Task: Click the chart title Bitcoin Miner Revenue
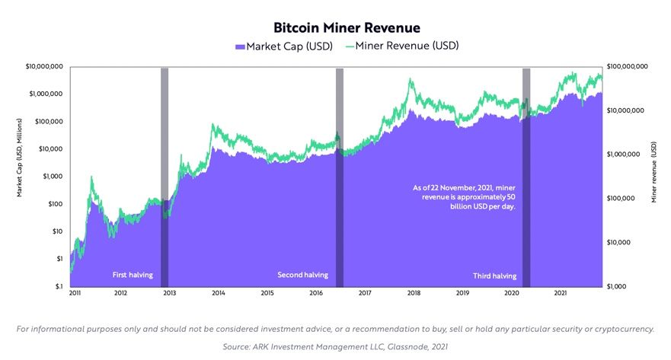(x=335, y=28)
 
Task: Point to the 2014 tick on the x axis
(x=218, y=293)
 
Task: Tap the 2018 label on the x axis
(x=414, y=293)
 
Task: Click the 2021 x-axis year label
(x=560, y=293)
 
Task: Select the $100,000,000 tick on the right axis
(x=628, y=67)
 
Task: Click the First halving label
(x=133, y=275)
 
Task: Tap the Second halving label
(x=302, y=275)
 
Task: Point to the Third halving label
(x=495, y=276)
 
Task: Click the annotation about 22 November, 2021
(x=464, y=196)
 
